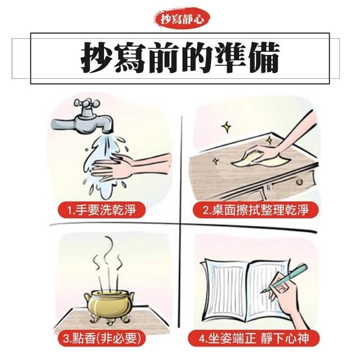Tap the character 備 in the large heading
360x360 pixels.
click(x=263, y=57)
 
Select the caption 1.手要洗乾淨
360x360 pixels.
click(x=102, y=210)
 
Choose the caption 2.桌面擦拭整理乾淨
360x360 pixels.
click(x=255, y=210)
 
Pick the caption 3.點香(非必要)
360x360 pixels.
click(x=102, y=338)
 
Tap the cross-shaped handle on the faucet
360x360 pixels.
click(x=88, y=104)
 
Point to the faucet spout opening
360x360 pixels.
click(x=107, y=132)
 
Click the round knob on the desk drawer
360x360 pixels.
click(x=299, y=182)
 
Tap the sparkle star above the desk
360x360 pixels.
click(x=226, y=127)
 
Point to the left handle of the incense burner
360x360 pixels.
click(x=88, y=299)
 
